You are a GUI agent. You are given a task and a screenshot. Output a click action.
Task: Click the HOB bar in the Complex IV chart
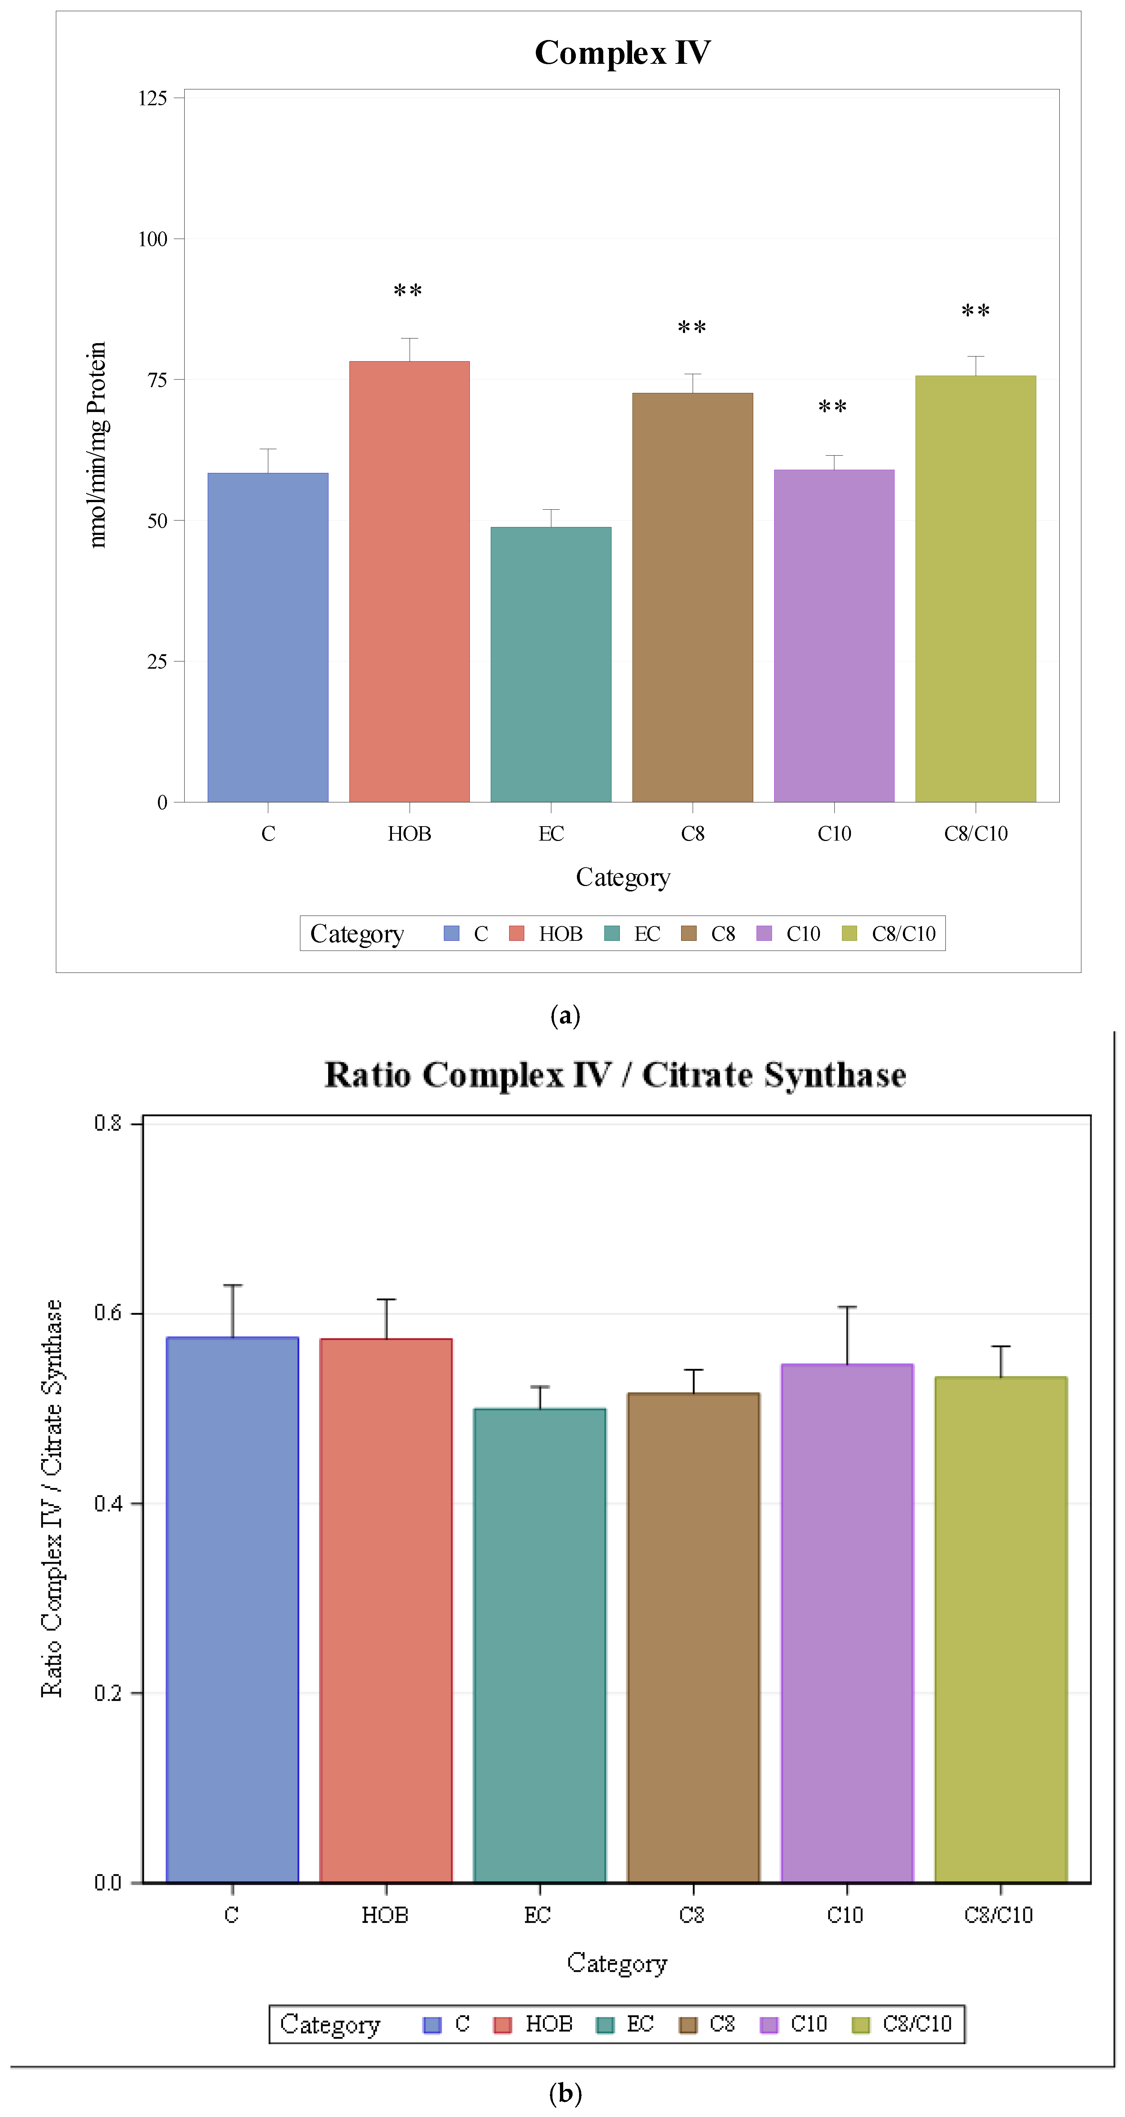[410, 581]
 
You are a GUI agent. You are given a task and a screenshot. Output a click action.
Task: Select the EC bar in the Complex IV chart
[551, 664]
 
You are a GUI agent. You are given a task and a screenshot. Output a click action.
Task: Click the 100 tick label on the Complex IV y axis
[153, 239]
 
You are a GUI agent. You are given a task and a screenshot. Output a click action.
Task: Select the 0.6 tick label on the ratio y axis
[108, 1312]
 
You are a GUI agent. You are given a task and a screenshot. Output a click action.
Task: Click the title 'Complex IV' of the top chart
[622, 53]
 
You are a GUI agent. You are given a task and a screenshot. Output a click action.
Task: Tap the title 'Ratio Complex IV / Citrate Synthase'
[615, 1075]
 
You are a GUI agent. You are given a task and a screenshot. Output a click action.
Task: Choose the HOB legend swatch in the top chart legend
[516, 933]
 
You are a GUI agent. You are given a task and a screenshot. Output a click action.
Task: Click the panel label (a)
[565, 1016]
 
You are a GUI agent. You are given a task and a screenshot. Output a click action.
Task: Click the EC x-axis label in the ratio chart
[538, 1915]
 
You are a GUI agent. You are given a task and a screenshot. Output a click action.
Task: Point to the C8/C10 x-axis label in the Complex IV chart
[975, 833]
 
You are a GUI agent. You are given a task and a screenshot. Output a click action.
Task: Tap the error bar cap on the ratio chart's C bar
[233, 1284]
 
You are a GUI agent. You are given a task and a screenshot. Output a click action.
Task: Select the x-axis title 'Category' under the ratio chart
[617, 1963]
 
